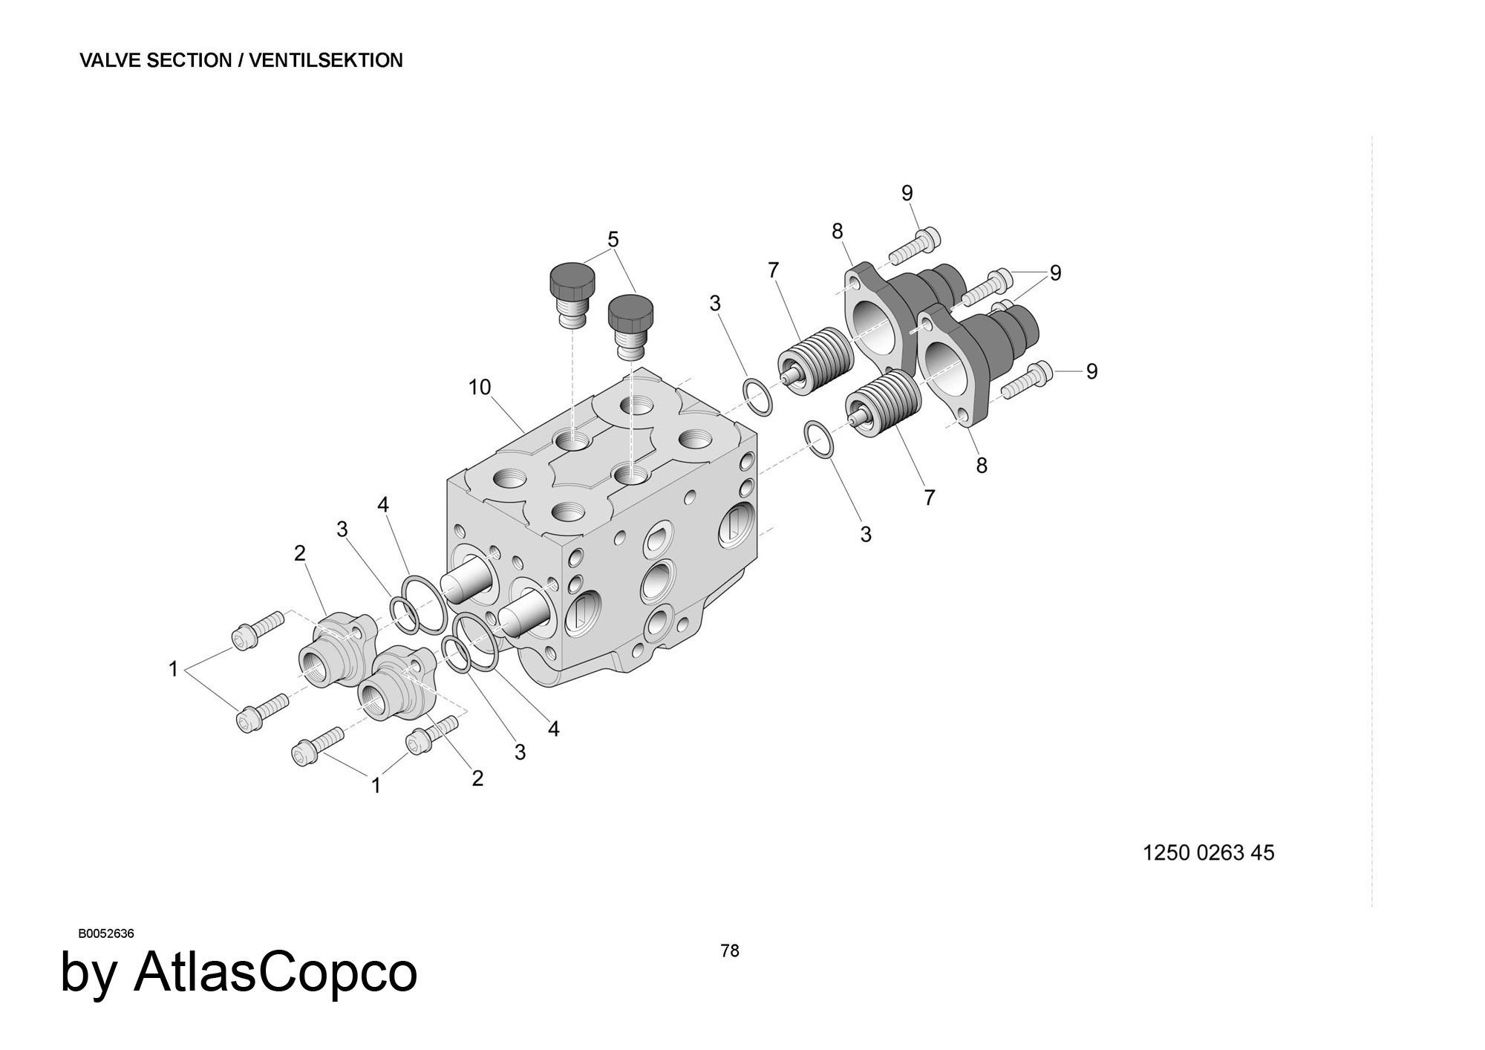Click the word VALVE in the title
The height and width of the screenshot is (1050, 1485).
click(111, 61)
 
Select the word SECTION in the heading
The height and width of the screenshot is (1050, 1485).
click(190, 61)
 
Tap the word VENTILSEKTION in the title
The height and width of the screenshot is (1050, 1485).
click(326, 61)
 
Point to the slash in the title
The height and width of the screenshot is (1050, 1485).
click(241, 61)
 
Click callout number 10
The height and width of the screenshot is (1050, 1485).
click(480, 387)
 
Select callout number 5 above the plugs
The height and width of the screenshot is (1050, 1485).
click(613, 239)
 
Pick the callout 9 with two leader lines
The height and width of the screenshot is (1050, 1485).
click(1055, 273)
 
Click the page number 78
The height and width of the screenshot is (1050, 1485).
click(730, 950)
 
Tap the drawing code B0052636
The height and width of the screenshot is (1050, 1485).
click(106, 934)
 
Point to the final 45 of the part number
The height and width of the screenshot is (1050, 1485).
click(1262, 852)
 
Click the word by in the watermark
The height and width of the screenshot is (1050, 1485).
click(88, 974)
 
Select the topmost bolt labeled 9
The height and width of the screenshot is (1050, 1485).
click(916, 246)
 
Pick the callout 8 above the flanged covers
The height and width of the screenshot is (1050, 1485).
click(838, 232)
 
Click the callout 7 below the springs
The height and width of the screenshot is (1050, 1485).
click(930, 498)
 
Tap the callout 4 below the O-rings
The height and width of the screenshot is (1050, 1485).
click(553, 729)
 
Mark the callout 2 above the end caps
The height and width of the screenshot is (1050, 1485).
click(300, 553)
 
